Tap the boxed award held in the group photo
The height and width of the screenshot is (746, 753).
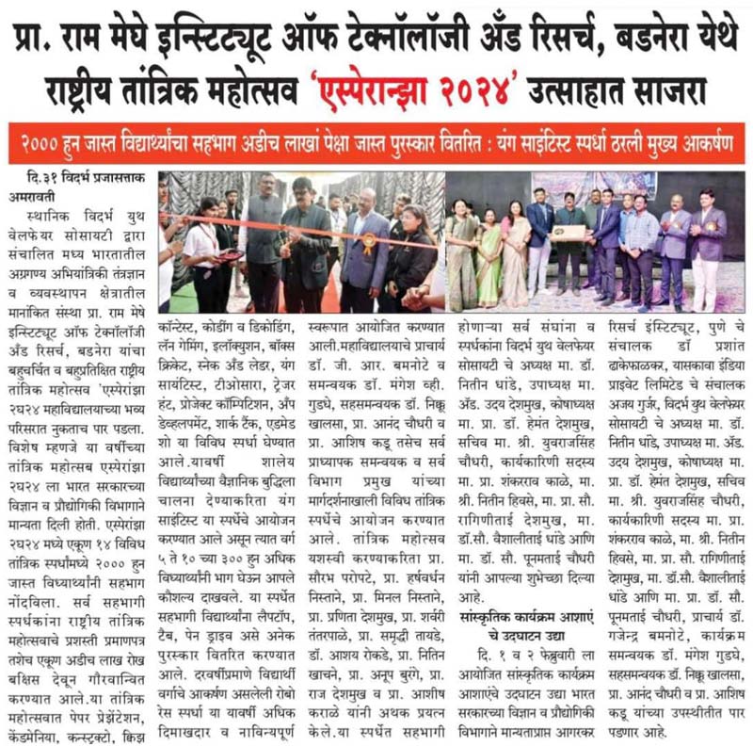(x=568, y=231)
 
